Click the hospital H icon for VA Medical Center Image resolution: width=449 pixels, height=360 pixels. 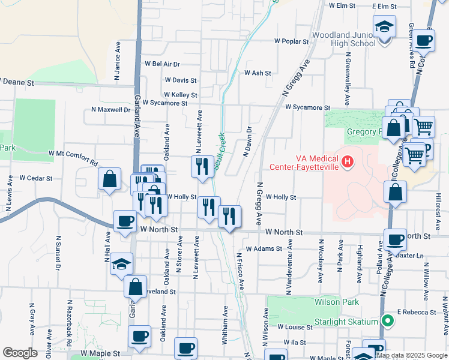tap(346, 161)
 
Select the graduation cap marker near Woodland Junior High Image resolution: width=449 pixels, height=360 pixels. tap(384, 28)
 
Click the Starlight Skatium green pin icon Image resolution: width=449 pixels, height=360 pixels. tap(387, 322)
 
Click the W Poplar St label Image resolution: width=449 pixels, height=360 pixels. tap(291, 42)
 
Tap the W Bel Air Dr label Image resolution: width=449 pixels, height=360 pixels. tap(162, 64)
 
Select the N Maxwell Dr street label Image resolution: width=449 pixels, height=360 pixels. tap(110, 110)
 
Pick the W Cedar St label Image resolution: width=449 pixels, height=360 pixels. tap(36, 178)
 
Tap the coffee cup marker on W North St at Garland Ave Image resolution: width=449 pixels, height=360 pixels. tap(125, 222)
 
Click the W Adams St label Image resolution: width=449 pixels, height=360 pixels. tap(264, 248)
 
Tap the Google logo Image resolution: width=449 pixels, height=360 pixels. tap(20, 353)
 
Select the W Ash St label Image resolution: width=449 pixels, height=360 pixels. tap(258, 73)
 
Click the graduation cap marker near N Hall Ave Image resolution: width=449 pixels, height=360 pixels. tap(121, 264)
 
